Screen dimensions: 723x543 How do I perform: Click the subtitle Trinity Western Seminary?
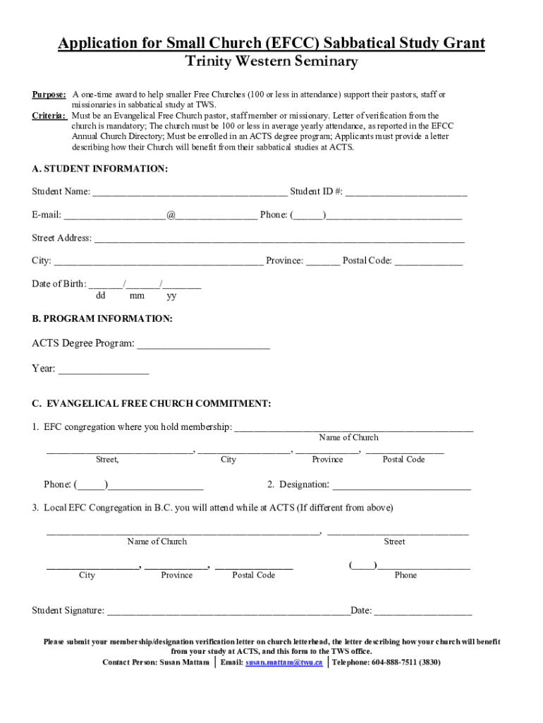point(271,62)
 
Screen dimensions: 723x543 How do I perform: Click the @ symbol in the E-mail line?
point(171,215)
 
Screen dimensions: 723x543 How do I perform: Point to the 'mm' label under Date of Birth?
point(137,296)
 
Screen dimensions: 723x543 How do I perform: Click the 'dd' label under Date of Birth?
point(101,296)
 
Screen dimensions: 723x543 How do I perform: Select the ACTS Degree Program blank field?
point(203,345)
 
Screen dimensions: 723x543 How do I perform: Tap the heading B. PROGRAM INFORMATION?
point(102,319)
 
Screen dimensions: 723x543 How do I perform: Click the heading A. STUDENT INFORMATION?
point(100,169)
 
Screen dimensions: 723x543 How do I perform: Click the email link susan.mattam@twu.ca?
point(284,662)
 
